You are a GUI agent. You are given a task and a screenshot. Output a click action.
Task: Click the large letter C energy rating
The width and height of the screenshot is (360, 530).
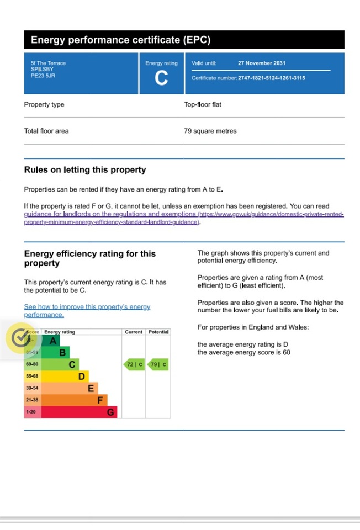pos(161,78)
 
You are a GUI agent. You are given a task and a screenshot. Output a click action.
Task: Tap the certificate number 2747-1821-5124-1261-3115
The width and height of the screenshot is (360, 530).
pos(271,78)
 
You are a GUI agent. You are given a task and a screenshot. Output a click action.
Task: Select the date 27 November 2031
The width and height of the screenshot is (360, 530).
pos(262,63)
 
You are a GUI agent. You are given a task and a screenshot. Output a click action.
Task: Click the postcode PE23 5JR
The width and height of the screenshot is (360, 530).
pos(43,76)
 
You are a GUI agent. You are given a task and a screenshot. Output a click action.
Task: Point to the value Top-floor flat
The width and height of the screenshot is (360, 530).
pos(203,104)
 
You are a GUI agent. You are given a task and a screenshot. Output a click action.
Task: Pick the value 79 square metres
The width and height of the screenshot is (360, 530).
pos(210,131)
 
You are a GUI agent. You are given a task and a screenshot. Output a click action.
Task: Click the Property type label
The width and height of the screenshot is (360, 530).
pos(44,104)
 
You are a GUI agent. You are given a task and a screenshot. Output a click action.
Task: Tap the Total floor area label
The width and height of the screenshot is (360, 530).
pos(46,131)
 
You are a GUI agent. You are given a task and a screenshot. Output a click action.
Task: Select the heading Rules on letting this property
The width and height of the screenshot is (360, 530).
pos(85,170)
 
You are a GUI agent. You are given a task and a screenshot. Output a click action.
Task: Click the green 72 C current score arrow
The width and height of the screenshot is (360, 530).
pos(133,365)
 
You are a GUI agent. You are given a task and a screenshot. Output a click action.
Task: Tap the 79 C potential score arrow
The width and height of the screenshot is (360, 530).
pos(158,365)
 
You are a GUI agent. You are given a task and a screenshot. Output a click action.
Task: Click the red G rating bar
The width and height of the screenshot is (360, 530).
pos(79,412)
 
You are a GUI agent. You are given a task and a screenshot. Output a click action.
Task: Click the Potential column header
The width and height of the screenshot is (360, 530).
pos(158,332)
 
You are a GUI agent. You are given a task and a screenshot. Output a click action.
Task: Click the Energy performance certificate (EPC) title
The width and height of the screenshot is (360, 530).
pos(120,40)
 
